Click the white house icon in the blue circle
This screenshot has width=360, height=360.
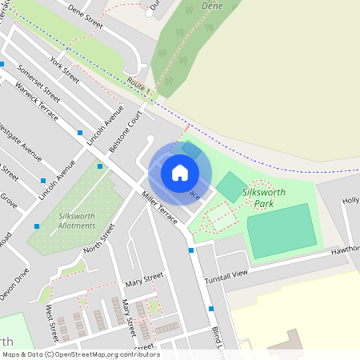click(180, 172)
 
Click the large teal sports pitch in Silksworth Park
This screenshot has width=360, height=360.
click(282, 230)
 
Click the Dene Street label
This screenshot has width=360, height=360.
click(86, 19)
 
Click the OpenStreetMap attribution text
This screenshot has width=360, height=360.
click(80, 354)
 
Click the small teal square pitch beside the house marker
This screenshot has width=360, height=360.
click(230, 186)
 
